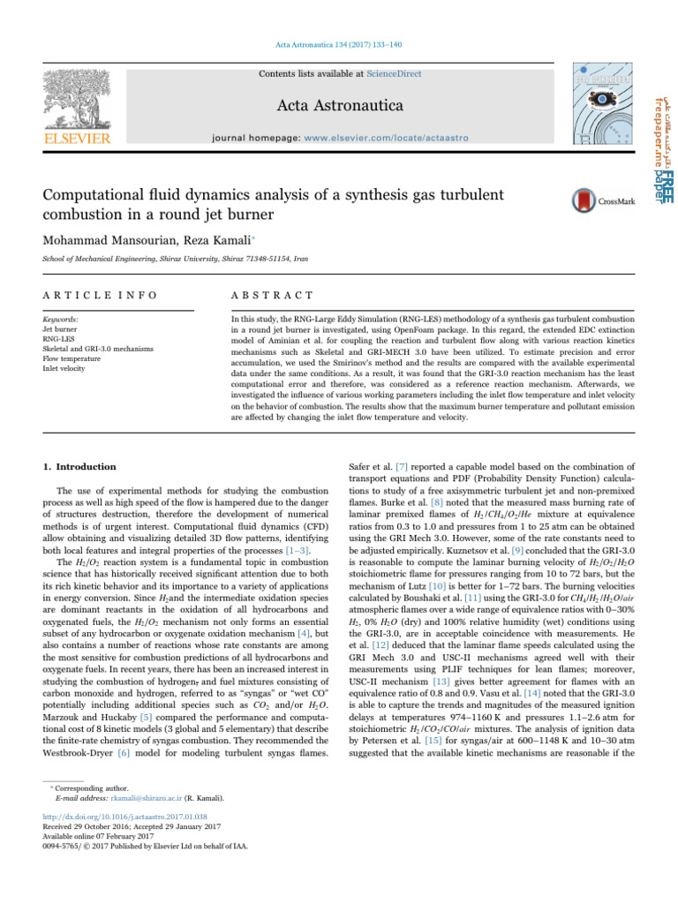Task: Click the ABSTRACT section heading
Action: [x=267, y=294]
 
